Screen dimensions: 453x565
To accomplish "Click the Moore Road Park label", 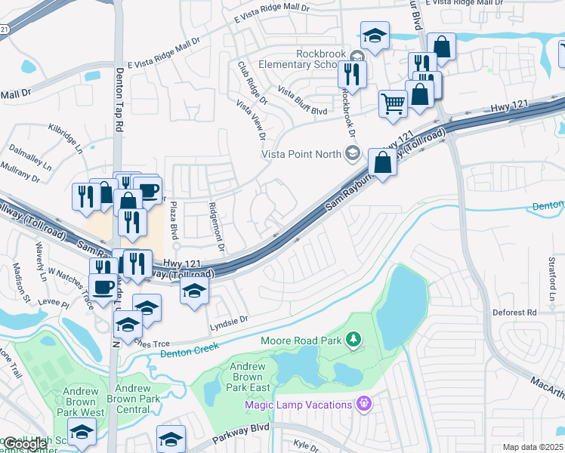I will pos(301,341).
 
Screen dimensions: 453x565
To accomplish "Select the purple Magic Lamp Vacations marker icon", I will pos(364,404).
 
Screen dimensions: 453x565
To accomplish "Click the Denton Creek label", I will pos(190,346).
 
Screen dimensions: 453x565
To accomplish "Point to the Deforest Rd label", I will pos(514,311).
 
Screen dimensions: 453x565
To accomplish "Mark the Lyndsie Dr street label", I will pos(228,320).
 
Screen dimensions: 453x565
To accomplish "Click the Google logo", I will pos(25,443).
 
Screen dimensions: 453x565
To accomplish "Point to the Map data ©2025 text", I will pos(532,447).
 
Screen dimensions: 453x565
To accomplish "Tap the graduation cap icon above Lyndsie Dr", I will pos(194,291).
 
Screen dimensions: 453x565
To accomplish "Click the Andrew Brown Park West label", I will pos(80,402).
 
